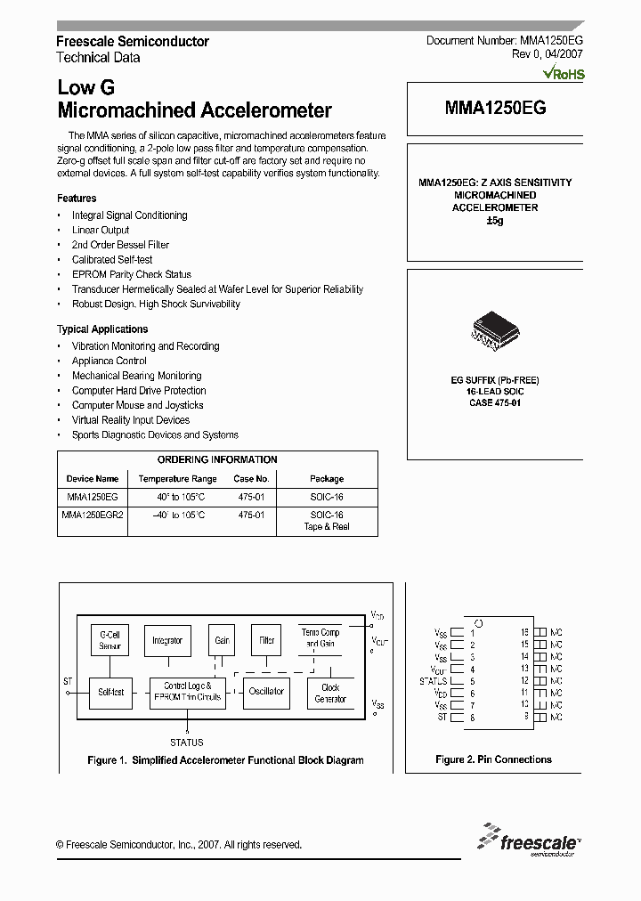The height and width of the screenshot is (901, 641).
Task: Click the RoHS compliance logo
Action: coord(564,74)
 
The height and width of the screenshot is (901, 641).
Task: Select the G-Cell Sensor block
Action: coord(110,639)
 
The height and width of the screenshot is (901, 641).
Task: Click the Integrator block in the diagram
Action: coord(167,639)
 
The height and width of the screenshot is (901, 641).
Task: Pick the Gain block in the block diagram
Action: coord(222,639)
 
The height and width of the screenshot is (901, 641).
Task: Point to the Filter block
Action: coord(266,639)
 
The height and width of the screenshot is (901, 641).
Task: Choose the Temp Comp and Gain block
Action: coord(320,637)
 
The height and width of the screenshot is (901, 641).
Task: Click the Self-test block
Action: coord(110,692)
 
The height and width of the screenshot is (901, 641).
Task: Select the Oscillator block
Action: coord(265,692)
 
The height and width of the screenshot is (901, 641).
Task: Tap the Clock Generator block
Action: coord(330,693)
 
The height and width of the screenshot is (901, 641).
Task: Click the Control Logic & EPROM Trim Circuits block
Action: coord(187,692)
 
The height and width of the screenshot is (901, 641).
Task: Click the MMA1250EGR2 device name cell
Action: coord(93,515)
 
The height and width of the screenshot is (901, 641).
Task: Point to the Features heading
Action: coord(77,199)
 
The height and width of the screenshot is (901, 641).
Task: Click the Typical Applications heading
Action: coord(102,329)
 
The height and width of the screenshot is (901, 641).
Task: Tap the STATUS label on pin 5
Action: coord(434,681)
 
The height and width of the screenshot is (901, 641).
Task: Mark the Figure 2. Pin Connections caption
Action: coord(493,759)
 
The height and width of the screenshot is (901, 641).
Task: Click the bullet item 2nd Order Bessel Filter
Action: coord(120,245)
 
